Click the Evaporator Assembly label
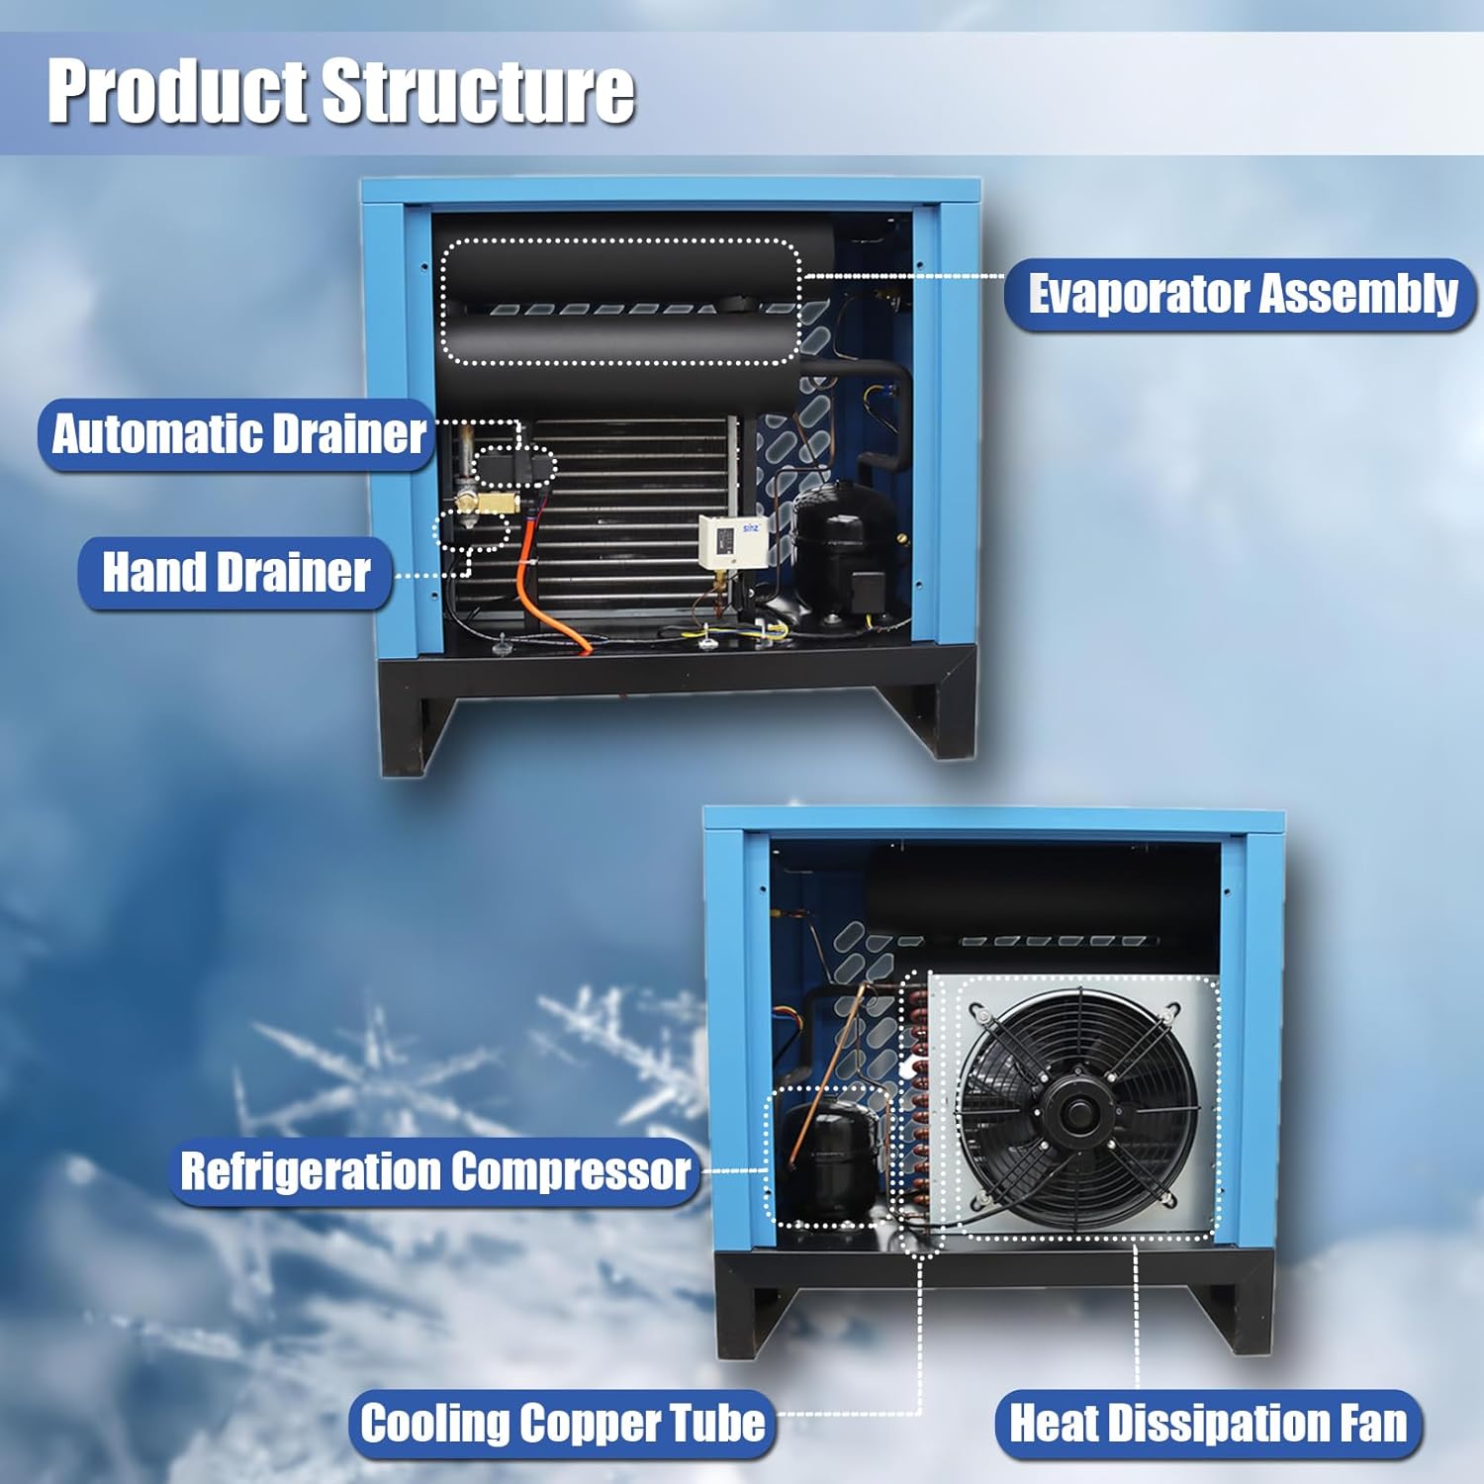click(x=1241, y=295)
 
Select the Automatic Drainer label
click(x=237, y=434)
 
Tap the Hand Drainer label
click(x=235, y=573)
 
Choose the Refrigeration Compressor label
click(x=434, y=1171)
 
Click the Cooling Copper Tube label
click(x=562, y=1424)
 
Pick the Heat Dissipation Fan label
click(x=1208, y=1424)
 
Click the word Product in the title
click(x=180, y=91)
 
